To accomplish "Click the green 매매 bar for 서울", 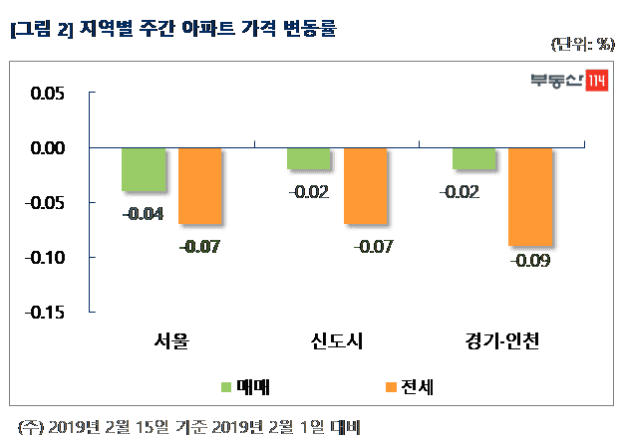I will (x=144, y=169).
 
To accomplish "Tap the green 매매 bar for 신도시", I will (x=308, y=158).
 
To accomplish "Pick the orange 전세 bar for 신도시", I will (x=365, y=186).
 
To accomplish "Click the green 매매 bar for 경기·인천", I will (x=473, y=158).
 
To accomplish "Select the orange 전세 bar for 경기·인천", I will (x=530, y=196).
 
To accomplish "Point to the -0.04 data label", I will (x=144, y=213).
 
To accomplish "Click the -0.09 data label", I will (x=530, y=262).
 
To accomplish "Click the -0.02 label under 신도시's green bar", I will (x=308, y=191).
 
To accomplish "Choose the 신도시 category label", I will (x=337, y=343).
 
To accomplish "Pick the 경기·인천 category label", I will (x=501, y=343).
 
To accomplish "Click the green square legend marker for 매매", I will (x=225, y=385).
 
